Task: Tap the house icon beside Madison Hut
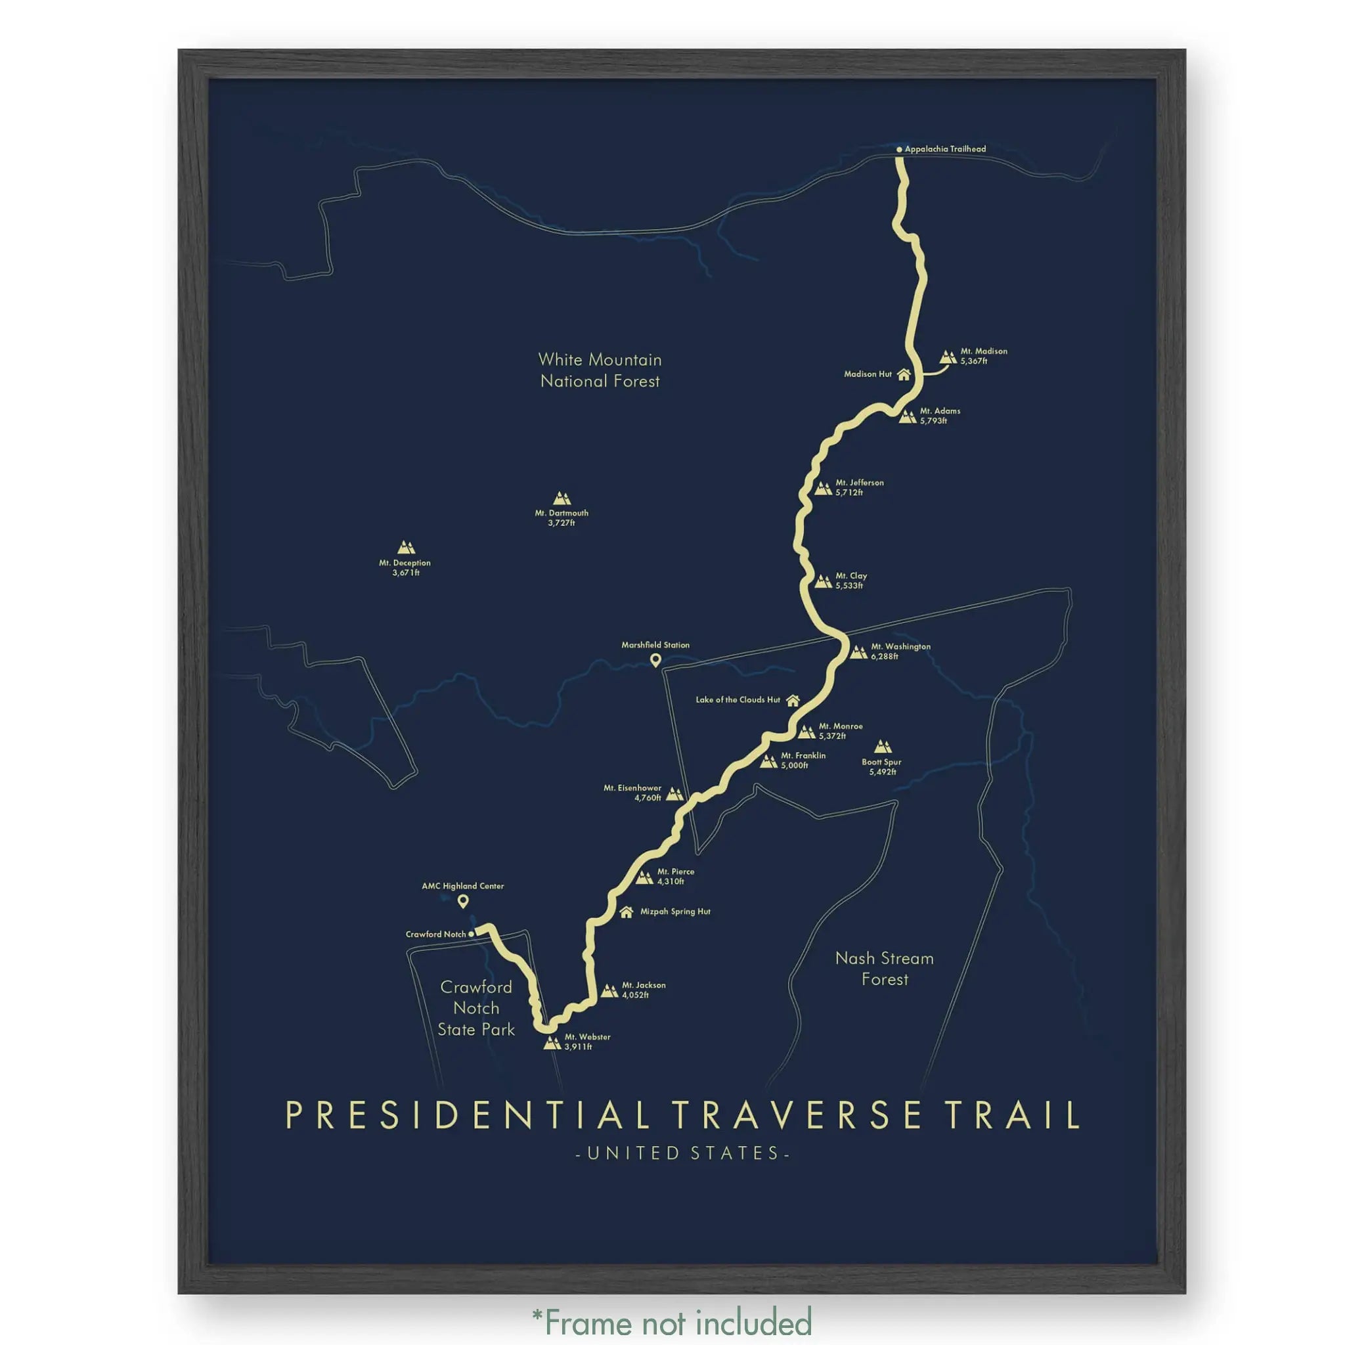(904, 374)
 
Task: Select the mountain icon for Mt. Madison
(948, 357)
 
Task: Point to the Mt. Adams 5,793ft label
(939, 416)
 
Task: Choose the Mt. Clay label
(850, 581)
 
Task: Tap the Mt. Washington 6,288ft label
(900, 651)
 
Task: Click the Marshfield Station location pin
(655, 660)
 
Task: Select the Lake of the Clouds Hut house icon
(792, 700)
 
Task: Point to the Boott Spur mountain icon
(883, 747)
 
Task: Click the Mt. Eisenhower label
(632, 793)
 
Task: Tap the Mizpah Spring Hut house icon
(626, 912)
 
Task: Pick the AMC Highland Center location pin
(463, 902)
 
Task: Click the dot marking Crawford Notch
(472, 935)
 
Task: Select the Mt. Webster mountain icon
(552, 1042)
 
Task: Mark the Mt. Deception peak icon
(406, 547)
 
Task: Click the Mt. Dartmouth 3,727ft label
(561, 518)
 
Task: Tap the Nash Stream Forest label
(884, 969)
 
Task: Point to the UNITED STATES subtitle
(682, 1153)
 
